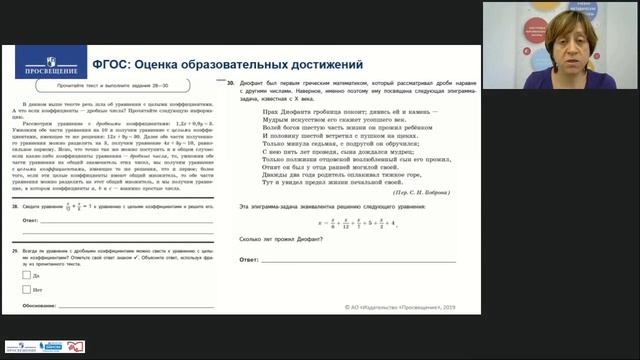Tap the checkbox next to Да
click(x=25, y=274)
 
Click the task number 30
click(x=231, y=85)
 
